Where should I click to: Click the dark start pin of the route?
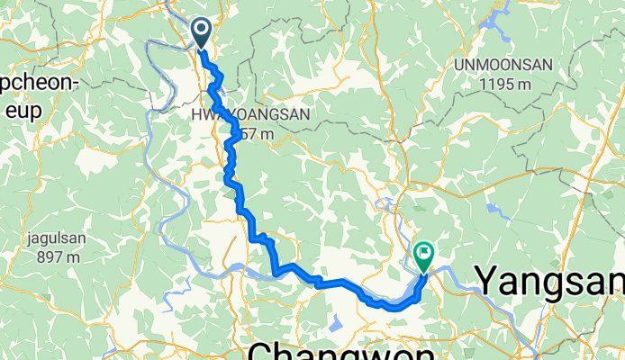[x=201, y=33]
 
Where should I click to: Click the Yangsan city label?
[x=549, y=280]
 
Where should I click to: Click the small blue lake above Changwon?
[x=338, y=321]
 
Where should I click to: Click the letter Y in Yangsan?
[x=487, y=280]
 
